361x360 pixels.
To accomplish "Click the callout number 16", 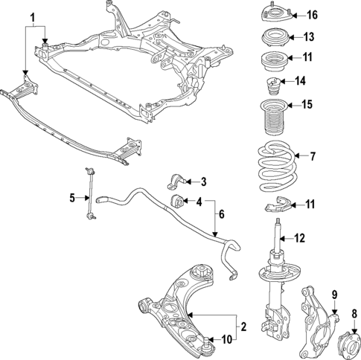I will click(312, 15).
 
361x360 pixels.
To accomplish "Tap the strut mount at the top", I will click(274, 14).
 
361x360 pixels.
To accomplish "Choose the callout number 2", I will click(242, 326).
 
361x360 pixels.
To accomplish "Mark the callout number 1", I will click(31, 16).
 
